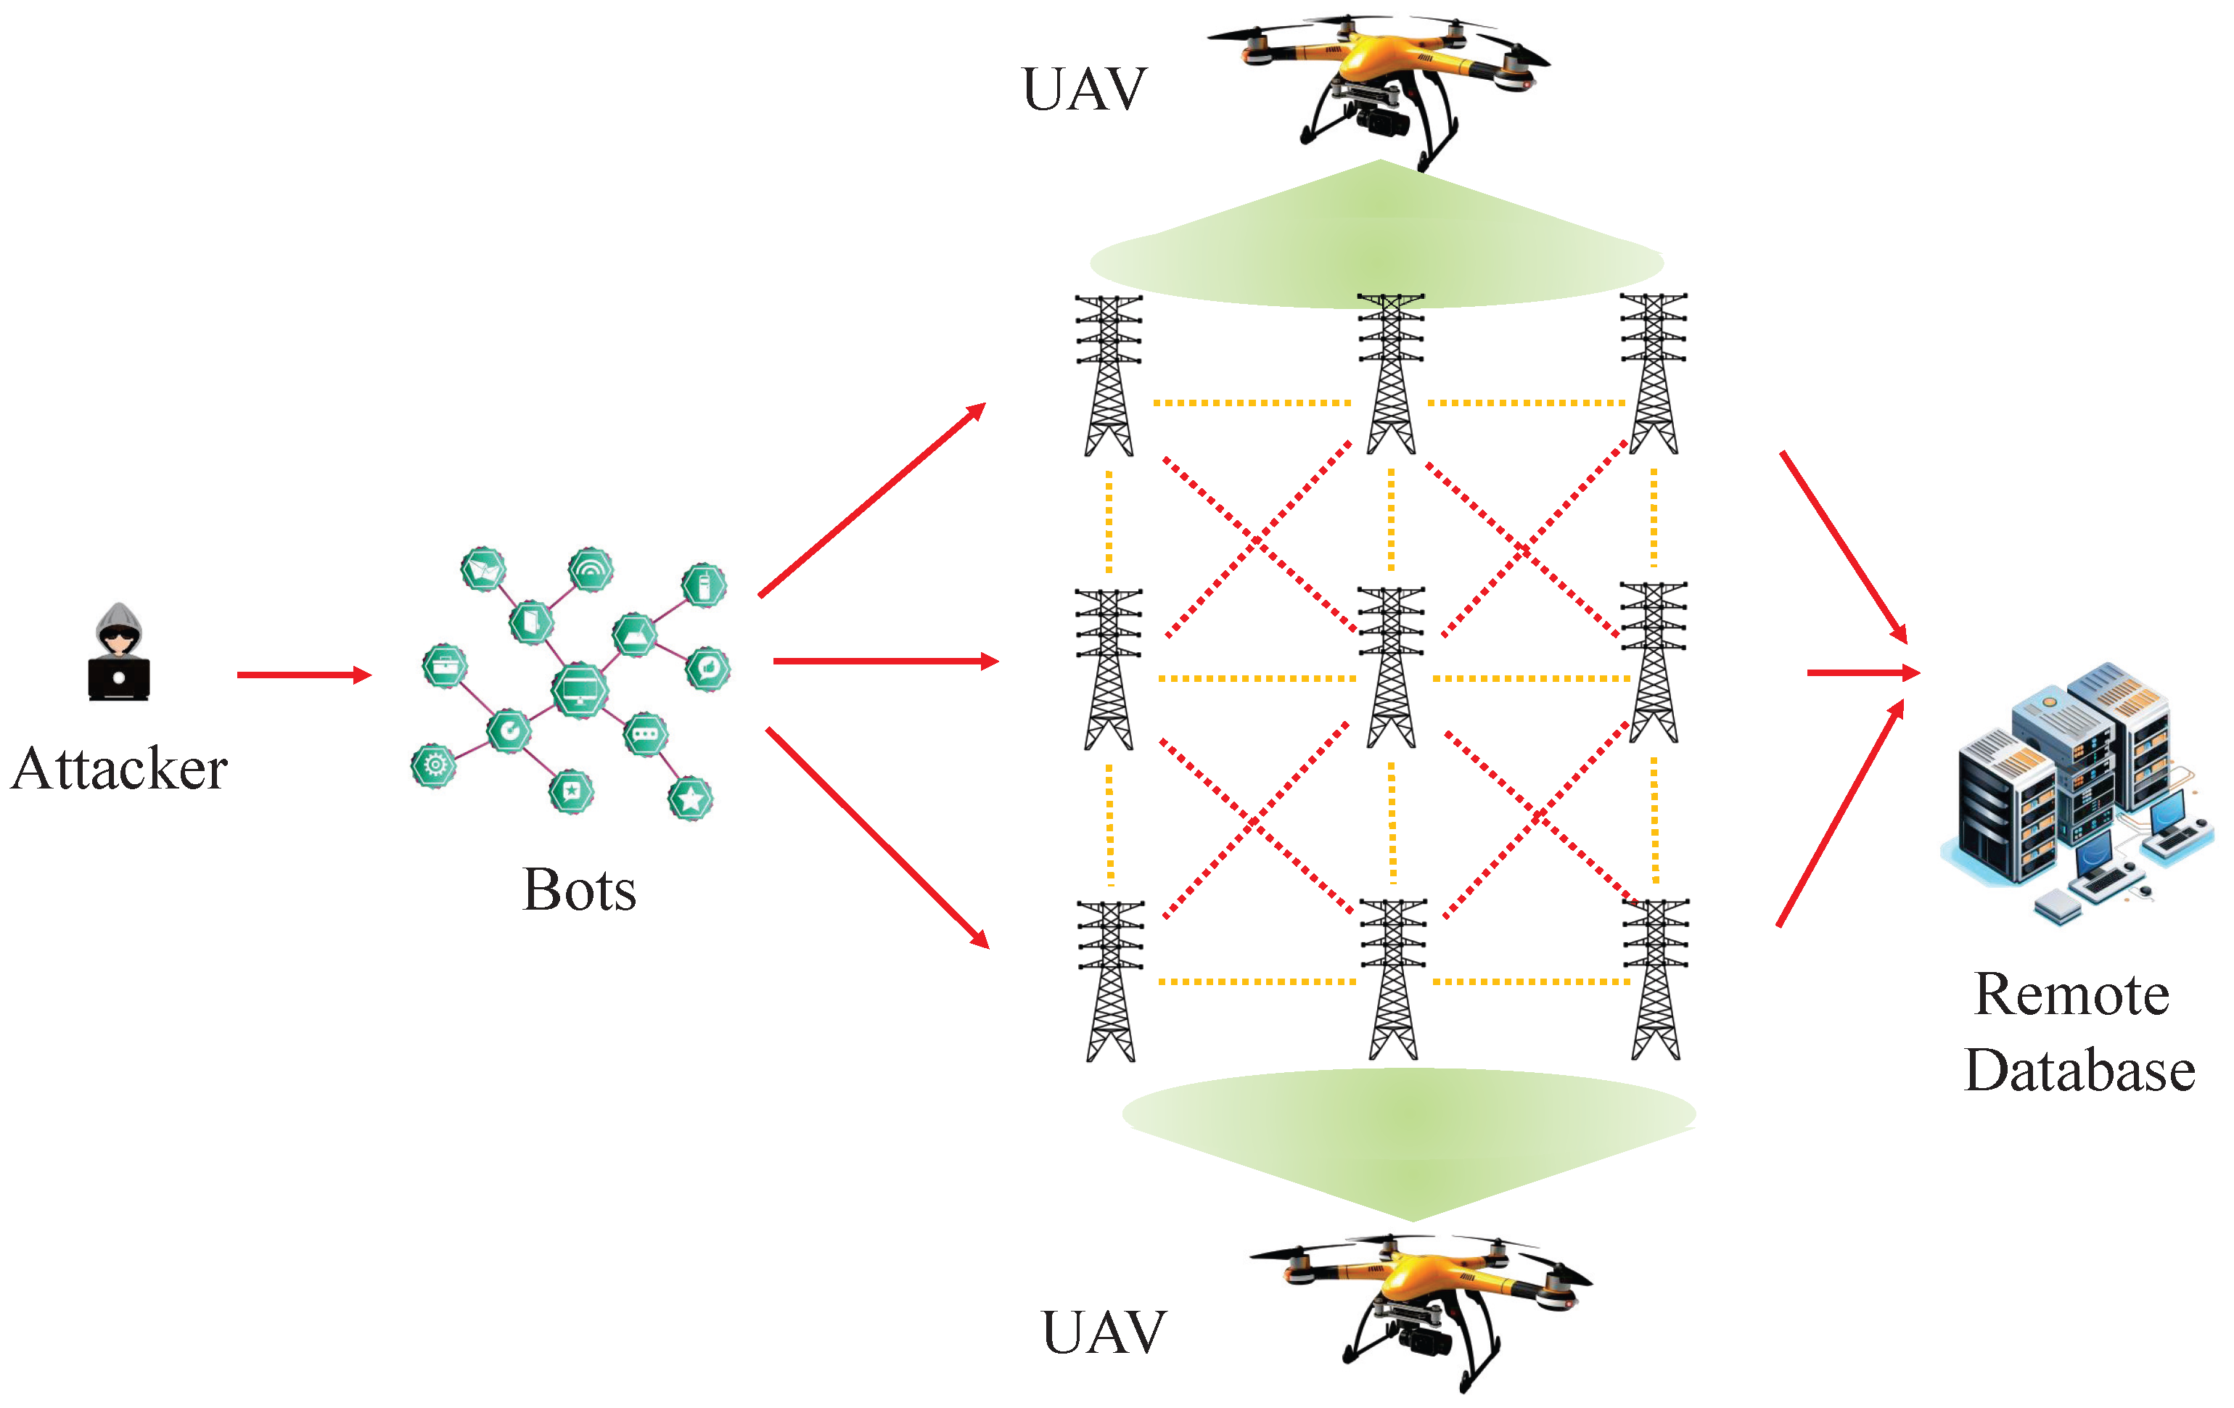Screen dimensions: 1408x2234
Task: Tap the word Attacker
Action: pyautogui.click(x=119, y=768)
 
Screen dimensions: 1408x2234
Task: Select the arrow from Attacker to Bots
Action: pyautogui.click(x=303, y=675)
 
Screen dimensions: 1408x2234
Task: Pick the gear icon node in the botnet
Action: pyautogui.click(x=433, y=765)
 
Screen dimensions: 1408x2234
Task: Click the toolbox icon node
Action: pyautogui.click(x=444, y=666)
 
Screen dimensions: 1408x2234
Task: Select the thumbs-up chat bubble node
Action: pyautogui.click(x=708, y=668)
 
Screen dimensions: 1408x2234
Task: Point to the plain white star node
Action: pyautogui.click(x=690, y=799)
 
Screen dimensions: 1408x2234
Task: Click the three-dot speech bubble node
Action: pyautogui.click(x=645, y=735)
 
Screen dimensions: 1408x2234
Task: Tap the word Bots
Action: pyautogui.click(x=579, y=889)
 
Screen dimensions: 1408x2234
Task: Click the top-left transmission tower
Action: pyautogui.click(x=1109, y=375)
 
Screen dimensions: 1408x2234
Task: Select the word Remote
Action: pyautogui.click(x=2071, y=995)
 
